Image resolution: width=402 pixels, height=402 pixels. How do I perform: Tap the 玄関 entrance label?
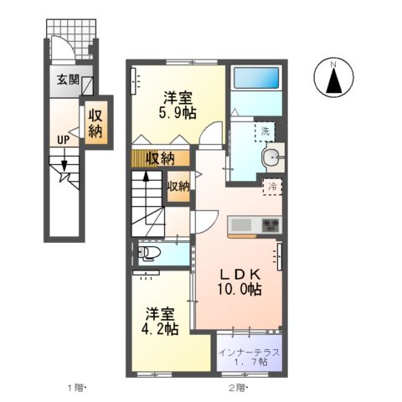coord(68,81)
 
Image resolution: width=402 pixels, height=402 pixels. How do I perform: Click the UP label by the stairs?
coord(63,140)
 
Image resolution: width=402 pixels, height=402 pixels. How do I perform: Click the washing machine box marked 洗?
coord(265,131)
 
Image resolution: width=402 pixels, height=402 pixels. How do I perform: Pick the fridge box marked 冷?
coord(273,188)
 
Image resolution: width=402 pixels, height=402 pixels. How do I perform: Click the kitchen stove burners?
coord(271,224)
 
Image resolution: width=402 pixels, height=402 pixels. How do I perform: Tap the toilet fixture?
coord(148,252)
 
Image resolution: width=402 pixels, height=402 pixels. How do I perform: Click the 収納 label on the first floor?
coord(95,123)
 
